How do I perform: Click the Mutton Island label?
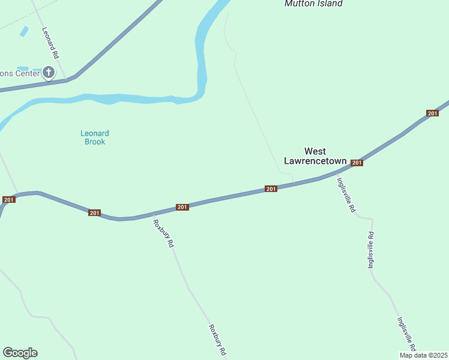point(313,4)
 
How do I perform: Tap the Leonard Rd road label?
point(50,42)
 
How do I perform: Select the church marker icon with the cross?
point(49,73)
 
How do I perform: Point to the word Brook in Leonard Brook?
point(95,142)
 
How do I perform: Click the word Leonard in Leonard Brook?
point(95,133)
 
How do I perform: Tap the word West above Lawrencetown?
point(315,151)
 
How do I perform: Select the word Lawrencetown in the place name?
point(315,161)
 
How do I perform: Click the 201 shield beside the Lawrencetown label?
point(357,163)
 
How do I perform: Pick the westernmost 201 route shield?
point(8,199)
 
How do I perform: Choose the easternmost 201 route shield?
point(432,113)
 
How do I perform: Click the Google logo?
point(20,353)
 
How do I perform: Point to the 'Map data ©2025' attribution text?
point(423,355)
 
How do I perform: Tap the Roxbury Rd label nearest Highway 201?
point(163,234)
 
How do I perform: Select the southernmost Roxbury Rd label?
point(217,339)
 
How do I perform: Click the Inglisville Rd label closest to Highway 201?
point(346,194)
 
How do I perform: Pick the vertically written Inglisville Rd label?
point(371,249)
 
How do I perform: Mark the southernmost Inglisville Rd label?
point(406,334)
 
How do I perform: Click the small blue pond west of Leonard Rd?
point(24,31)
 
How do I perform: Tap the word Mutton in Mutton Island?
point(298,4)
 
